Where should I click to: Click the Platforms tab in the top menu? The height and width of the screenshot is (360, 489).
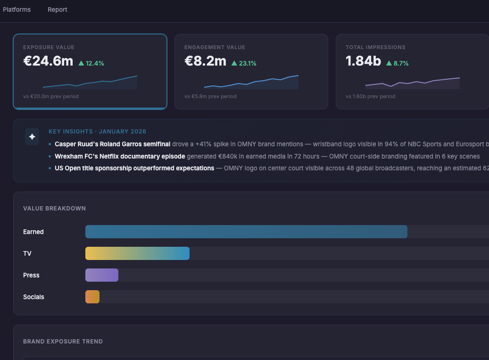(17, 9)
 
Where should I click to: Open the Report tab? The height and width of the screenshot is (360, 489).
(58, 9)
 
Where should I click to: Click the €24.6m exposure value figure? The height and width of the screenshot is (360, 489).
(48, 61)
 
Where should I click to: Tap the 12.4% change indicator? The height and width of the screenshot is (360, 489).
(91, 63)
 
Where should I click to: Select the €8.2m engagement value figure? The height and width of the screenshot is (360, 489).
(205, 61)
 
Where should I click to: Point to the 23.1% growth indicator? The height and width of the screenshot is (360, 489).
(244, 63)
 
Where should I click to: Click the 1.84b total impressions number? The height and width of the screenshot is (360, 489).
(363, 61)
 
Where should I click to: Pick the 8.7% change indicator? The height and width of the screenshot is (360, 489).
(398, 63)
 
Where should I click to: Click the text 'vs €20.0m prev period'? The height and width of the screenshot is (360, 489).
(51, 96)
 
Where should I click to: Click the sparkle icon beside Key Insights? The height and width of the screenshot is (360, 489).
(32, 137)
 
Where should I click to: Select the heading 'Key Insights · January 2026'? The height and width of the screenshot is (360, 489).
(97, 132)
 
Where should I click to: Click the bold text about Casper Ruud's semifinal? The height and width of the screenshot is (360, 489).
(112, 144)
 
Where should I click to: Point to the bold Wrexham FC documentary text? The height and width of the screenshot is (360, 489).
(120, 156)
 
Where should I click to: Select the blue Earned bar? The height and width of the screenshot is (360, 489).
(246, 232)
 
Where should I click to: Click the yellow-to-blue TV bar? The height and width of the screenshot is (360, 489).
(137, 253)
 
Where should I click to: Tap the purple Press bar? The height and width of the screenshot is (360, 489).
(102, 275)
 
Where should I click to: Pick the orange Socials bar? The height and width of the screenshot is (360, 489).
(92, 297)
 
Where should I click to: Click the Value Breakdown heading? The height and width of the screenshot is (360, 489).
(54, 208)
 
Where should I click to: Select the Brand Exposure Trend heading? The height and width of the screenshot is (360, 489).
(63, 341)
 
